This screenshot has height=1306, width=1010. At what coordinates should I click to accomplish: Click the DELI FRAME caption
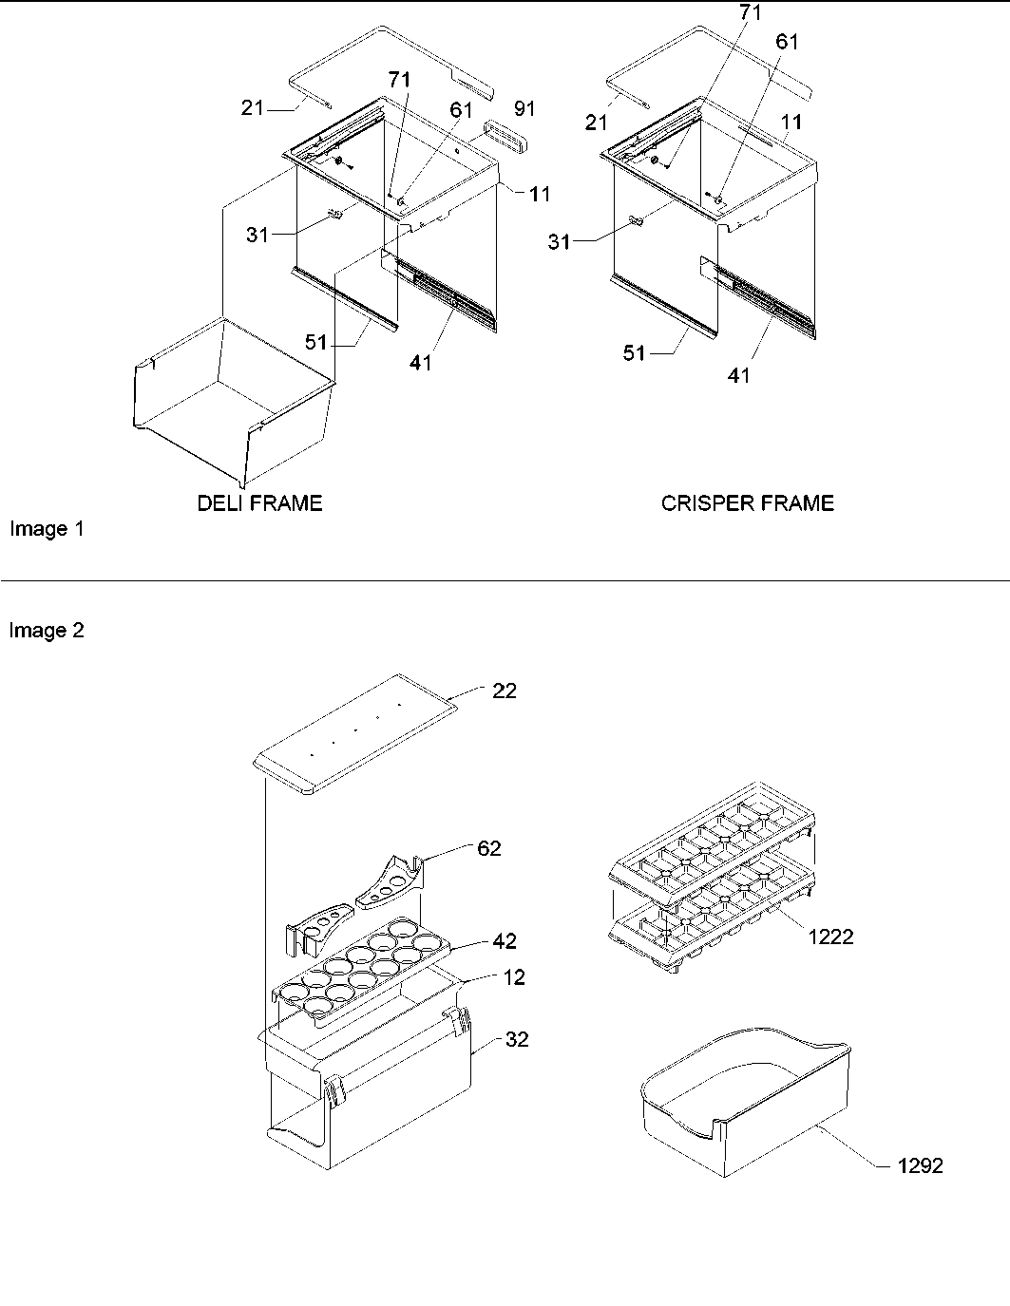[x=259, y=503]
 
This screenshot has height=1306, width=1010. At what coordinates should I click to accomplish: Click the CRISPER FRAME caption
[x=747, y=503]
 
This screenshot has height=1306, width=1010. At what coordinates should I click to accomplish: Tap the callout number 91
[x=524, y=109]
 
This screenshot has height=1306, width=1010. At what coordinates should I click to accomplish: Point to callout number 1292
[x=920, y=1165]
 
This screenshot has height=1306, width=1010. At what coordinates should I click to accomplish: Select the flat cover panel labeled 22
[x=352, y=734]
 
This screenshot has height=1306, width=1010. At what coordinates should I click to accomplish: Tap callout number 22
[x=504, y=691]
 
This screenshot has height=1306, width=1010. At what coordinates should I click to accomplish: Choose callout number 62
[x=488, y=848]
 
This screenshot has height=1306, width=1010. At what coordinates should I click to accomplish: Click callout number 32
[x=516, y=1040]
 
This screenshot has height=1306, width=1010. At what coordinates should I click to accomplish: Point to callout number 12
[x=514, y=977]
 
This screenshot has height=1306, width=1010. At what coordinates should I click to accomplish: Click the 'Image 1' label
[x=47, y=529]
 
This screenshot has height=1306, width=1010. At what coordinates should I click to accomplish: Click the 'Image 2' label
[x=47, y=631]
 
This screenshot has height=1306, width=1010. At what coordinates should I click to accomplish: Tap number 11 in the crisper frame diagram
[x=791, y=122]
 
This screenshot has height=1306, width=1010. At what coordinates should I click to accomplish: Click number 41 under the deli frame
[x=421, y=362]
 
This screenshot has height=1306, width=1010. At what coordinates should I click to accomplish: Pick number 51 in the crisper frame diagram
[x=634, y=353]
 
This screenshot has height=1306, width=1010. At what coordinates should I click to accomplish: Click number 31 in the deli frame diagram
[x=257, y=235]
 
